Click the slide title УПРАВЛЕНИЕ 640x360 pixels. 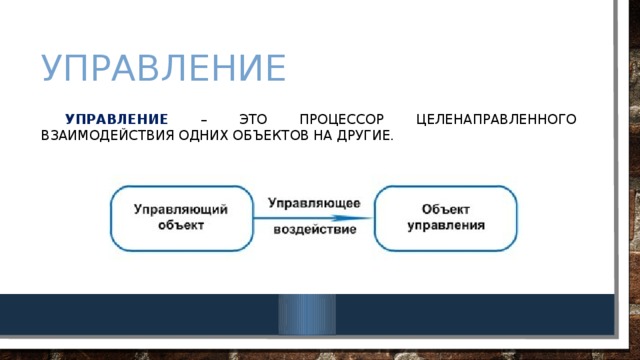pyautogui.click(x=164, y=69)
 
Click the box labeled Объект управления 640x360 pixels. pyautogui.click(x=445, y=218)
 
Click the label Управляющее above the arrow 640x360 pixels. pyautogui.click(x=314, y=203)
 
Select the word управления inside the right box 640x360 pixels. pyautogui.click(x=445, y=226)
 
